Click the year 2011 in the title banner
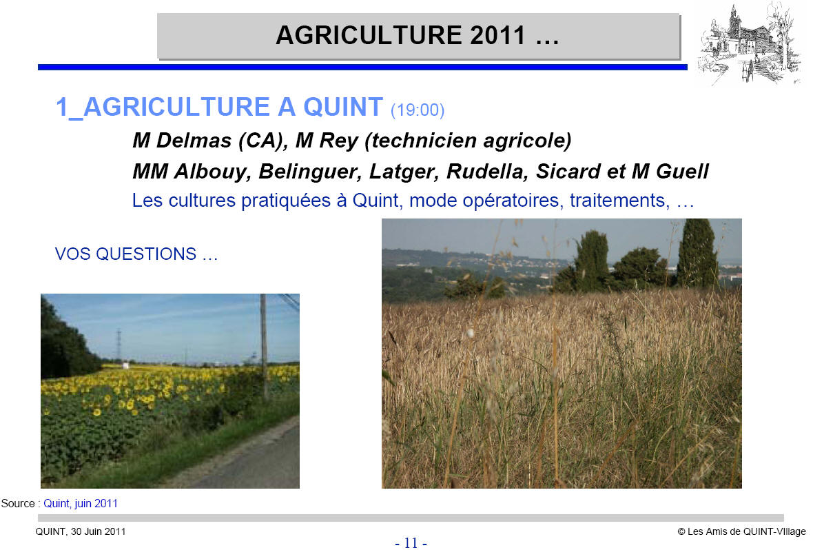[x=498, y=35]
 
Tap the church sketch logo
[x=749, y=43]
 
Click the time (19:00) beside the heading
[x=418, y=110]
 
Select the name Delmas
[x=194, y=140]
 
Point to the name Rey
[x=338, y=141]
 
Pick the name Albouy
[x=213, y=172]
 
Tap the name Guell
[x=682, y=171]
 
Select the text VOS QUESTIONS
[x=125, y=254]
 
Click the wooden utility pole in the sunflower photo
[x=264, y=346]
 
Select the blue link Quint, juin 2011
[x=81, y=503]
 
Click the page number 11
[x=411, y=542]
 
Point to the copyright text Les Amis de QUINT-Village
[x=746, y=531]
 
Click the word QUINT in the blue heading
[x=342, y=107]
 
